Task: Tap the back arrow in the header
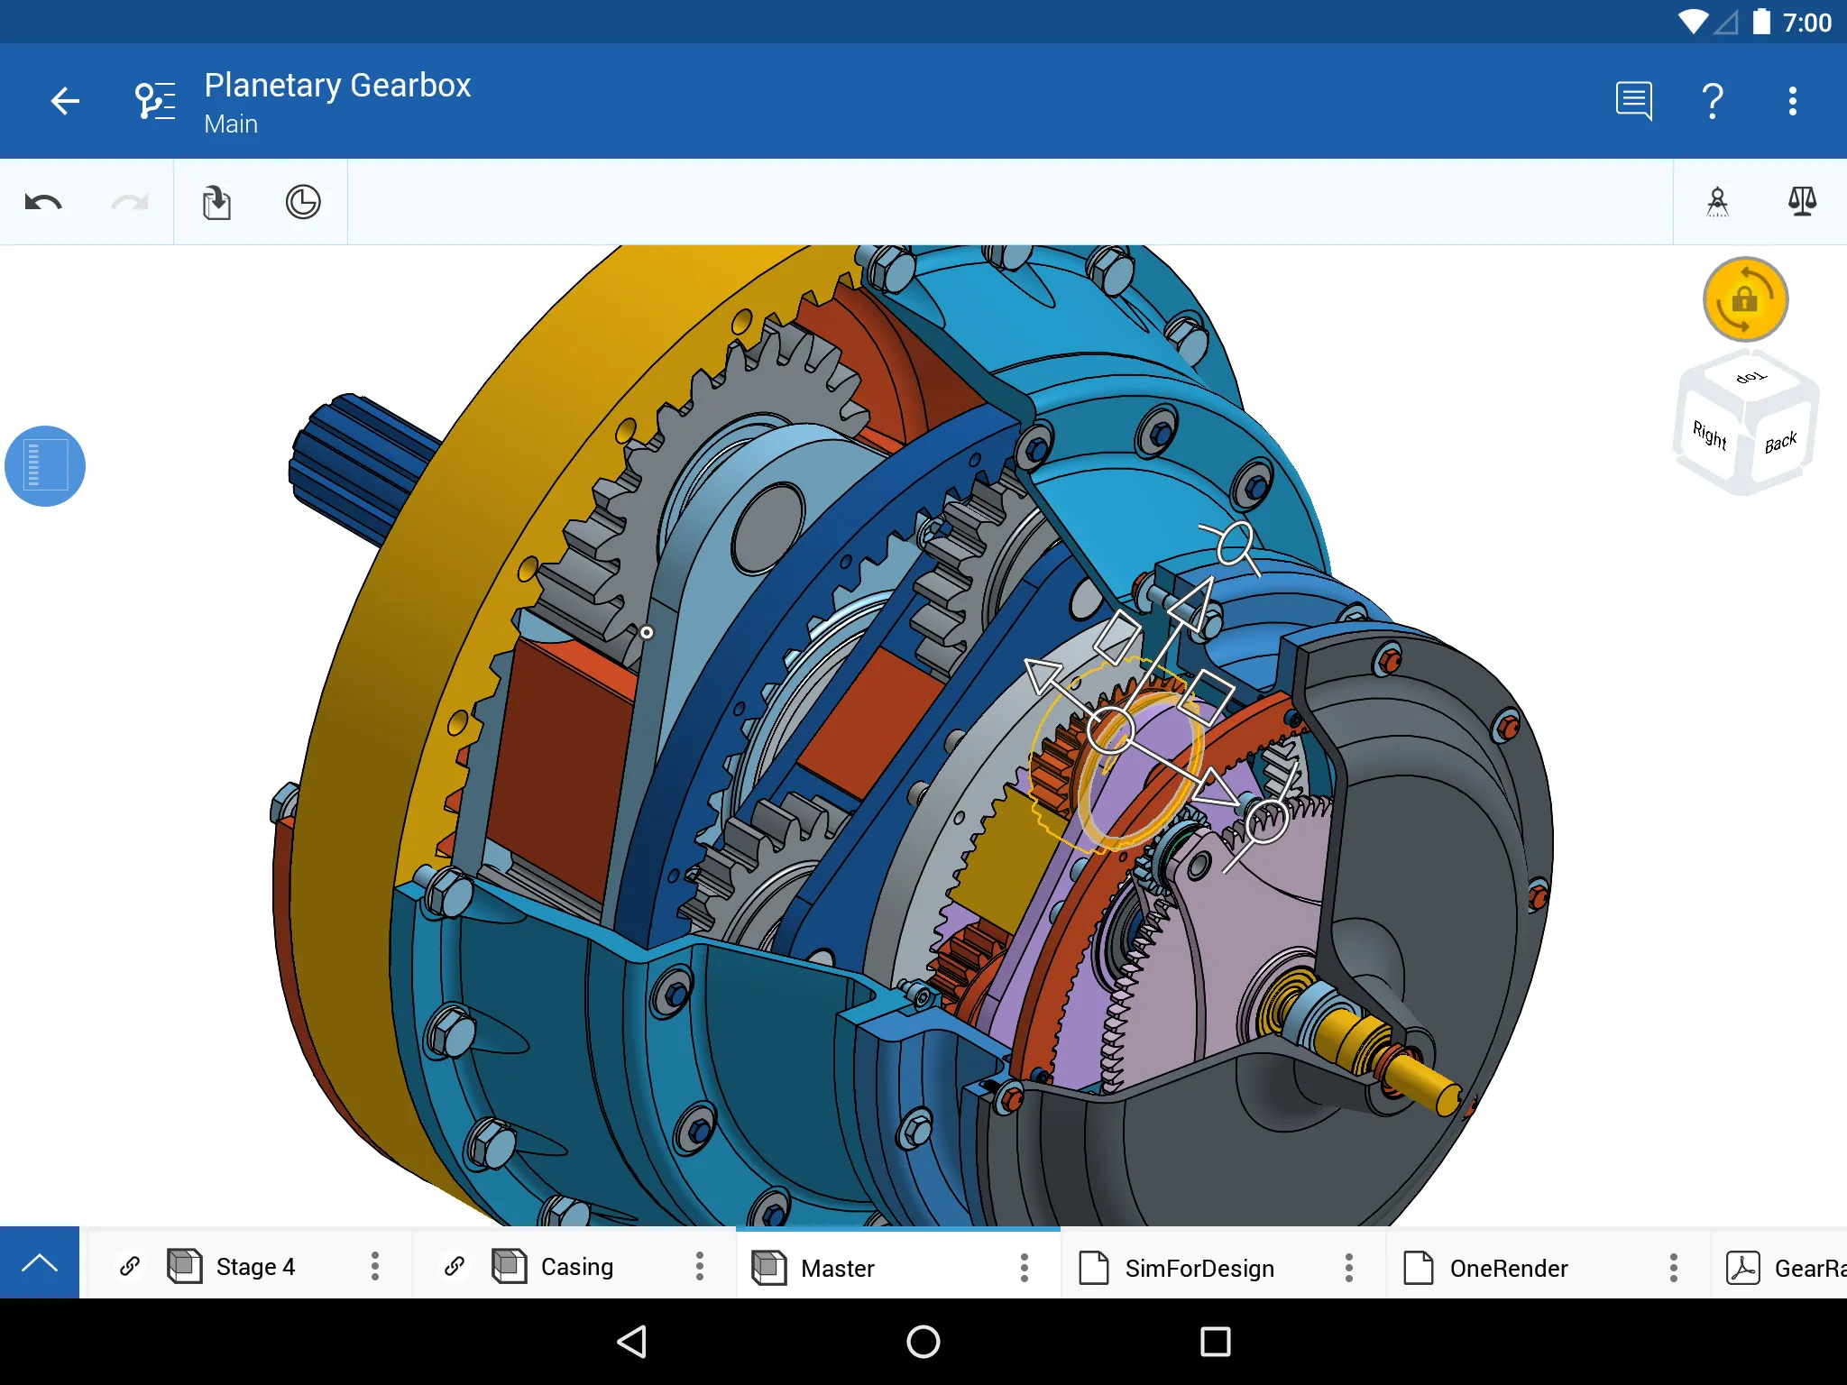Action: click(65, 101)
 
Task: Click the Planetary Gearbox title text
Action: click(337, 86)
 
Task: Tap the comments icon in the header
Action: click(1633, 101)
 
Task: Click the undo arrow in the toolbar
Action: click(43, 202)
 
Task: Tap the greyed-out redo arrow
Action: click(130, 202)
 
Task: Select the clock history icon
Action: click(303, 202)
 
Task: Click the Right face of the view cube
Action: click(1709, 436)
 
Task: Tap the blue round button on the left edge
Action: click(45, 466)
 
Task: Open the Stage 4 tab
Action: click(255, 1267)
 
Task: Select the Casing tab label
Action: click(576, 1267)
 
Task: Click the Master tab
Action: click(837, 1269)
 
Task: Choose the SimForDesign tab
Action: click(1199, 1269)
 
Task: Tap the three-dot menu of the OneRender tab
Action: click(1673, 1268)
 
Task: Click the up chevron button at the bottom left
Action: click(40, 1262)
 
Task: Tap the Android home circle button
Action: click(923, 1342)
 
